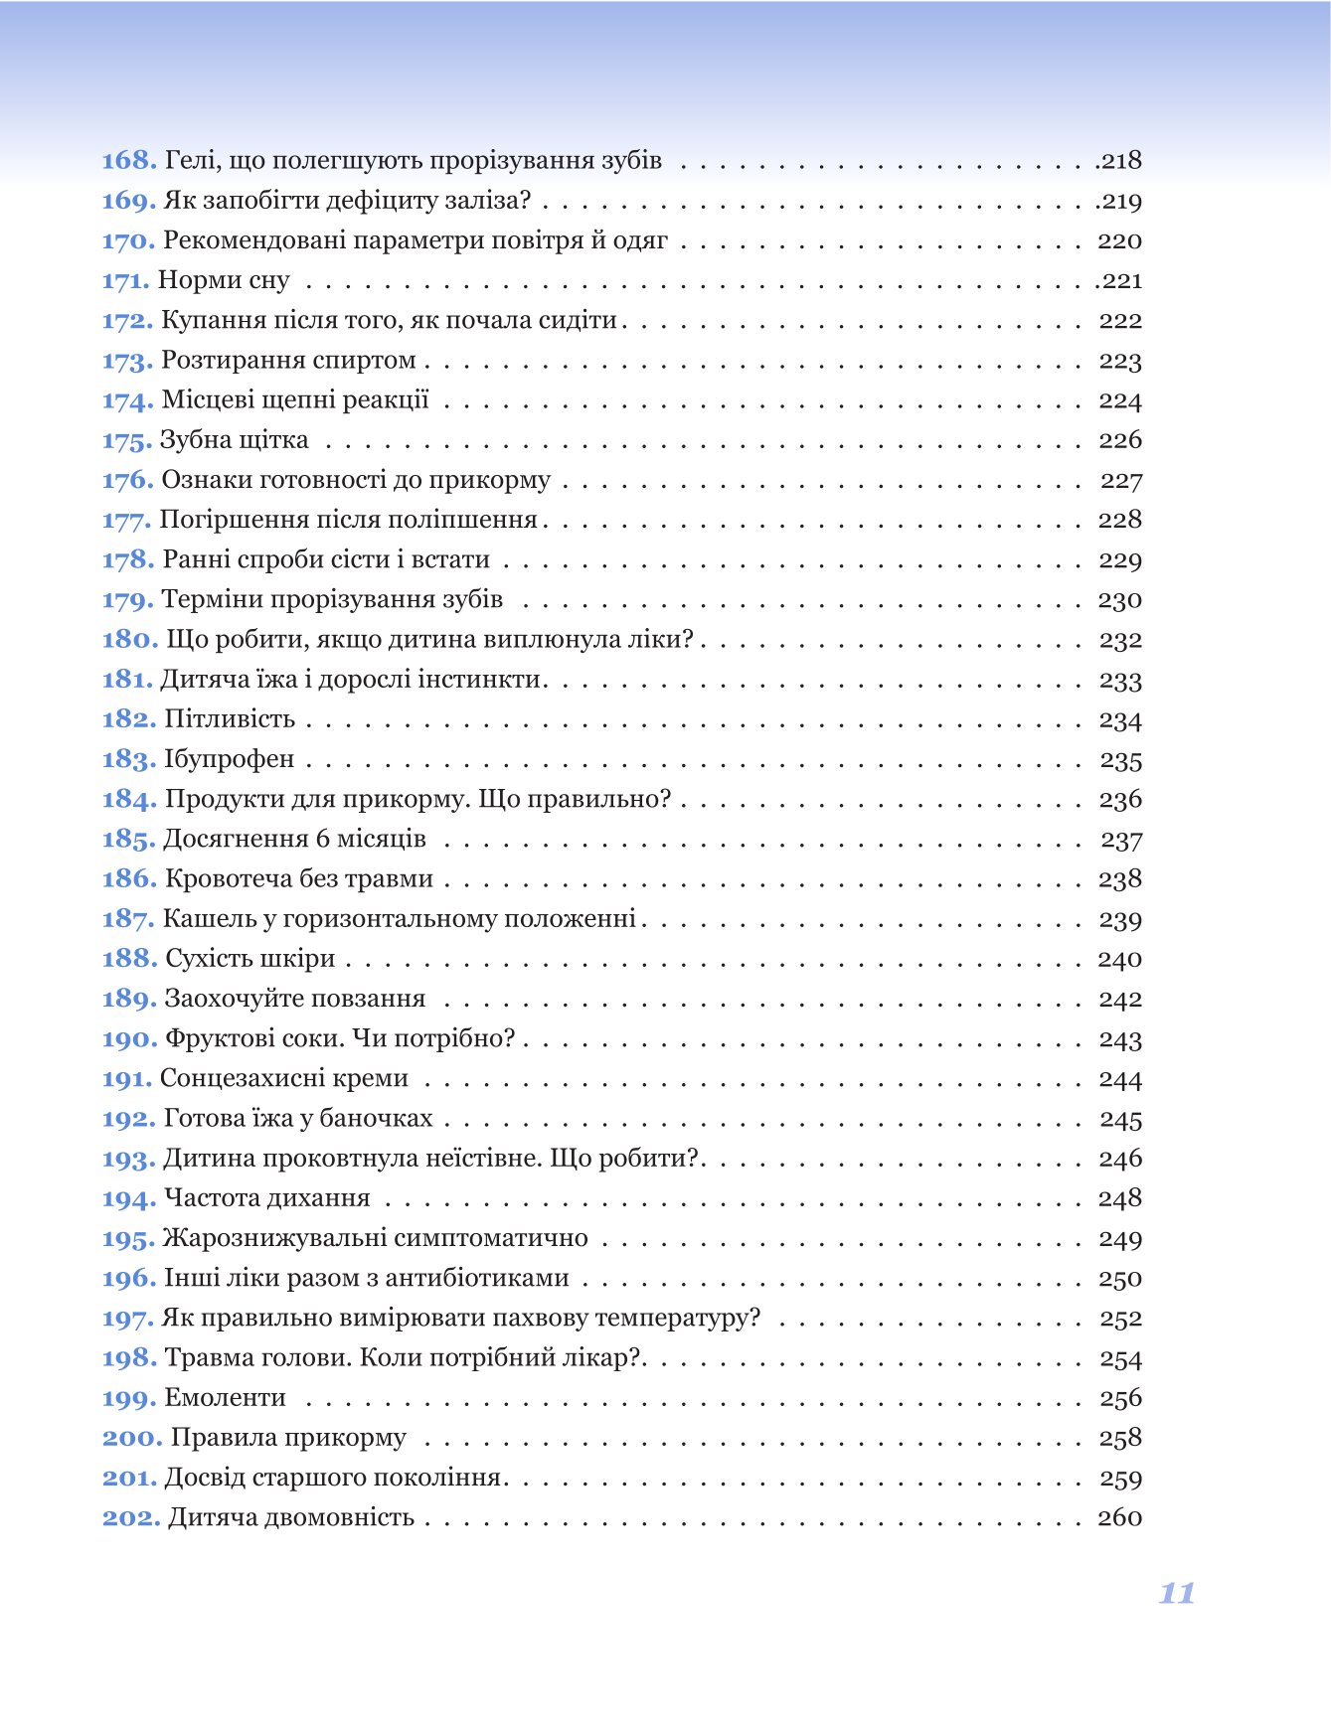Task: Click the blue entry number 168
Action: pos(129,161)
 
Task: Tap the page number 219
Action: pos(1121,202)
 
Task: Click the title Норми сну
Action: pos(224,281)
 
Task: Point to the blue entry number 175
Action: pos(127,440)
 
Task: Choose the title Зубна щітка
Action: pos(235,440)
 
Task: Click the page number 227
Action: pos(1121,481)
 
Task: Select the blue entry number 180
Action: pos(130,640)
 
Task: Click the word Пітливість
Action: pos(230,719)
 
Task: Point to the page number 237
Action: pos(1121,841)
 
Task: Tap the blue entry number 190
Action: pos(130,1039)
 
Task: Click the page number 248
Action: pos(1120,1199)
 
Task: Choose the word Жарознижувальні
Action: pos(275,1239)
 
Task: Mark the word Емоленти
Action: pos(226,1398)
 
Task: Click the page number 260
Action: pos(1120,1518)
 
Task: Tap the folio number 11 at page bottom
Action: pos(1177,1594)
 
